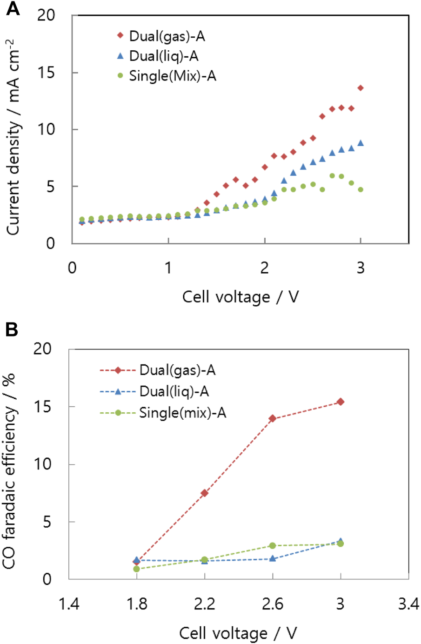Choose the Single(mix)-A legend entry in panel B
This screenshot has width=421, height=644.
tap(163, 413)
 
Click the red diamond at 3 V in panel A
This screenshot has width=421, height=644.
tap(361, 88)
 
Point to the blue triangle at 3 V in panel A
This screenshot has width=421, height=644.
tap(361, 143)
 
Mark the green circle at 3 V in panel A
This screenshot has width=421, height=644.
tap(361, 189)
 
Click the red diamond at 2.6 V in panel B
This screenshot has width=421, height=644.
tap(273, 418)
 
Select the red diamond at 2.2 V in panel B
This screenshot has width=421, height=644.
tap(204, 493)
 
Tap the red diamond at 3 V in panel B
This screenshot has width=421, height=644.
tap(341, 402)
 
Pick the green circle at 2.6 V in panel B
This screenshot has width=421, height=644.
tap(273, 545)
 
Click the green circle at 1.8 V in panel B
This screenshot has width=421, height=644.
tap(136, 569)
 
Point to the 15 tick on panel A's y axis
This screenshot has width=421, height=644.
tap(47, 73)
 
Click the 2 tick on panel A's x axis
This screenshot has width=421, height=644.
tap(264, 268)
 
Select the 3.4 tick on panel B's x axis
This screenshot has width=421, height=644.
tap(408, 604)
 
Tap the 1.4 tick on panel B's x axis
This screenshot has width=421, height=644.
tap(69, 604)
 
